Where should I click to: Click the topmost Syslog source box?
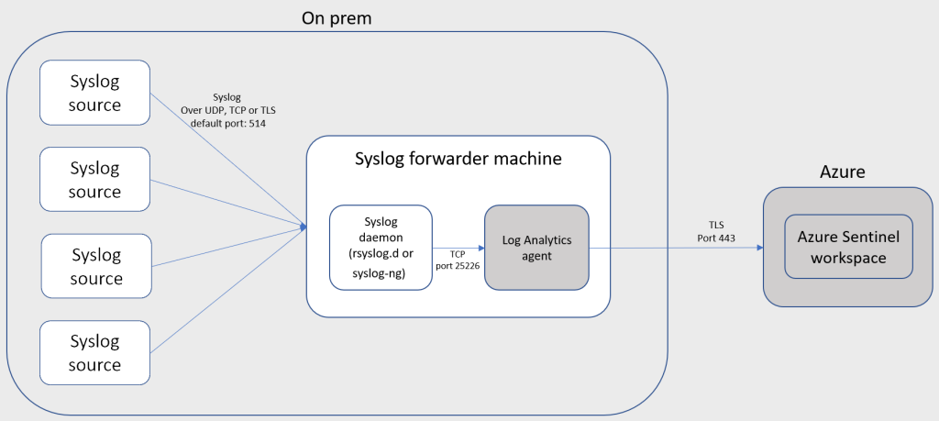coord(95,93)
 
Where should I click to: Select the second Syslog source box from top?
coord(95,180)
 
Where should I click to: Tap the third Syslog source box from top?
coord(96,266)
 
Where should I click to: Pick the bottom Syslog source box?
coord(95,353)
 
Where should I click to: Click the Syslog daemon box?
coord(381,248)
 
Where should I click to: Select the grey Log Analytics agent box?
coord(536,248)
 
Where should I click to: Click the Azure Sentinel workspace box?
coord(848,247)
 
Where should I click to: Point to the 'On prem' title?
coord(336,17)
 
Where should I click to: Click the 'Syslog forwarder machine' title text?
coord(458,159)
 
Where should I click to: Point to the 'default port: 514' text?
coord(228,124)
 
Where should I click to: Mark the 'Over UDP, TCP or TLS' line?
coord(228,110)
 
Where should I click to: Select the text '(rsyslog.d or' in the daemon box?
coord(381,256)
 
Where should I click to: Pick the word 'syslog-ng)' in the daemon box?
coord(381,272)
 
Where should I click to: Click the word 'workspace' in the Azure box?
coord(848,258)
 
